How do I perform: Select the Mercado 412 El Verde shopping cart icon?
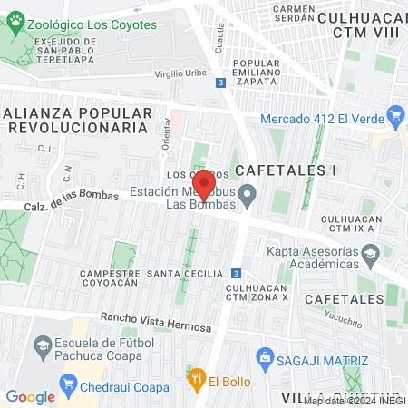point(394,115)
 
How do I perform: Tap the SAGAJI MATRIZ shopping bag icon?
point(265,357)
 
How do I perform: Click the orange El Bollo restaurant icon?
point(195,378)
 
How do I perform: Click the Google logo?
point(30,396)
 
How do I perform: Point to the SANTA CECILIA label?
point(185,273)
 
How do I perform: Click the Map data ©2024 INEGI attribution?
point(353,400)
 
